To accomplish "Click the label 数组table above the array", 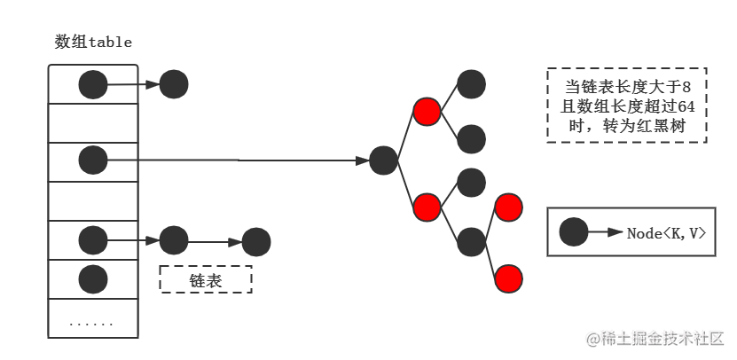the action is (93, 43).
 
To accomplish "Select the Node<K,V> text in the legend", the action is (667, 233).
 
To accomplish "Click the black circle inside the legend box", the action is (574, 231).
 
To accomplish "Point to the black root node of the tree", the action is (383, 160).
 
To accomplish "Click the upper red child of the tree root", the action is (427, 112).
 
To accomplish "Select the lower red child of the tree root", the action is (427, 207).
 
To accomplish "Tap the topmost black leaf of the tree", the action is (471, 84).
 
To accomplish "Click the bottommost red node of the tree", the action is (508, 278).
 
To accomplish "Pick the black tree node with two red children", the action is (471, 242).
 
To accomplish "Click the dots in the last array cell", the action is (91, 325).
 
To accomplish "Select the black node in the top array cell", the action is (93, 84).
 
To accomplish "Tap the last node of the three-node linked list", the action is (256, 242).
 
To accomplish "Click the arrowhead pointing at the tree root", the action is (363, 160).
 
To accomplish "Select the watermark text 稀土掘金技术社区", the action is (663, 339).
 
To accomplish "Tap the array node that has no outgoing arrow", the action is (93, 279).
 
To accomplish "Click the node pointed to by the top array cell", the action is (174, 84).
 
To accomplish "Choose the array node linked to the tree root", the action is (93, 160).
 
